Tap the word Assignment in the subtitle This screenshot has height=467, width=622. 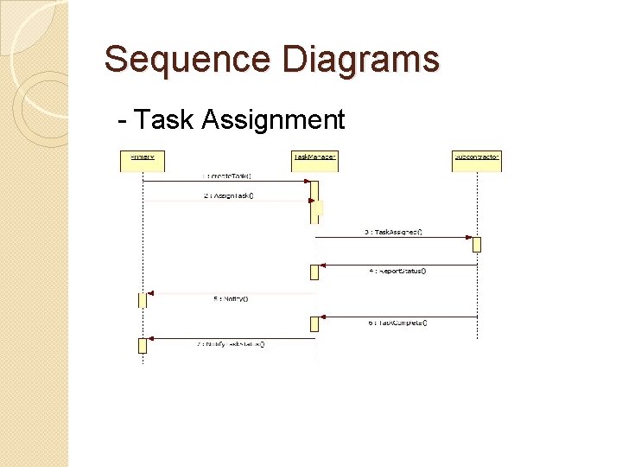click(273, 119)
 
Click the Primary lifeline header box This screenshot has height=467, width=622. click(143, 157)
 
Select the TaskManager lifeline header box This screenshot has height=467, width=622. click(314, 157)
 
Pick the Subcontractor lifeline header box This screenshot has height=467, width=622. click(477, 157)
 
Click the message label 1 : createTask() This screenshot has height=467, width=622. click(227, 176)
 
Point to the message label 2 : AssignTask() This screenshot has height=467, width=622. click(228, 195)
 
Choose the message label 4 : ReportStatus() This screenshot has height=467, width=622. click(397, 271)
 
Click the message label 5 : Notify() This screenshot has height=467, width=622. click(231, 299)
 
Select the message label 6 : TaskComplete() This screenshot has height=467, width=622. click(397, 323)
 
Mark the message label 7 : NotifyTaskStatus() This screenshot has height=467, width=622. click(231, 344)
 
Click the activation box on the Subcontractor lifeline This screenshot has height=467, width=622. click(477, 244)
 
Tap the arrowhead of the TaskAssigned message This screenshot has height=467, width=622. click(469, 237)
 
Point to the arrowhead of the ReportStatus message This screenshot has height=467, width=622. click(323, 265)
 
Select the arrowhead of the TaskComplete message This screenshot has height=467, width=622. click(323, 317)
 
